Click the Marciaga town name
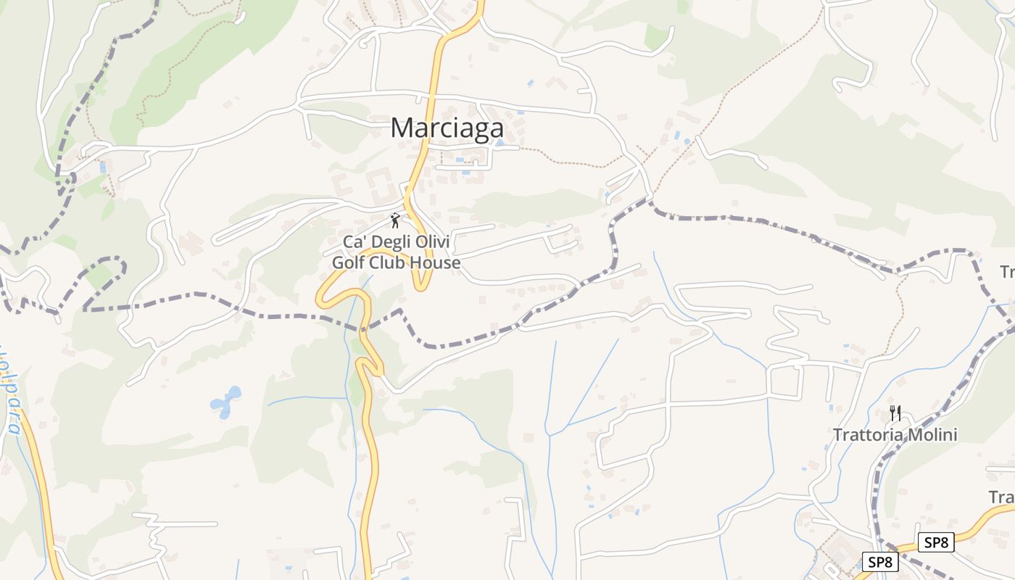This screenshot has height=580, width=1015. pyautogui.click(x=447, y=128)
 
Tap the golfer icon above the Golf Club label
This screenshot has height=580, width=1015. pyautogui.click(x=395, y=220)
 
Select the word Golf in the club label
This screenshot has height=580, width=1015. pyautogui.click(x=349, y=262)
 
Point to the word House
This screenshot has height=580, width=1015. pyautogui.click(x=437, y=262)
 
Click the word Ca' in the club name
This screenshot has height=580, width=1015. pyautogui.click(x=353, y=241)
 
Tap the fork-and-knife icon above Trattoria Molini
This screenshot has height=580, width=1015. pyautogui.click(x=895, y=413)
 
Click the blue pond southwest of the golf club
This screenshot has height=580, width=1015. pyautogui.click(x=225, y=403)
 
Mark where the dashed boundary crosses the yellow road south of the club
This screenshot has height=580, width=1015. pyautogui.click(x=365, y=328)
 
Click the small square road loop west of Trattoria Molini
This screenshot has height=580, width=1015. pyautogui.click(x=784, y=382)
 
